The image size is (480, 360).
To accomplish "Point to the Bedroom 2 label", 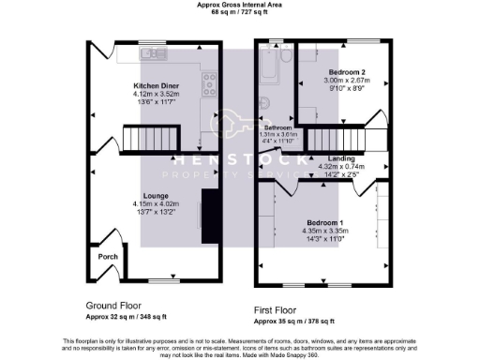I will click(x=346, y=72).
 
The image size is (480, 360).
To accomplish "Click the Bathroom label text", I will click(x=277, y=127).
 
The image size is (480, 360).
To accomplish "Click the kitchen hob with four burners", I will click(x=210, y=80).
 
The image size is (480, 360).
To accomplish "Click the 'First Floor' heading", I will click(x=279, y=308).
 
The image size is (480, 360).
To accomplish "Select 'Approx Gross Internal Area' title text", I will click(x=239, y=5).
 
